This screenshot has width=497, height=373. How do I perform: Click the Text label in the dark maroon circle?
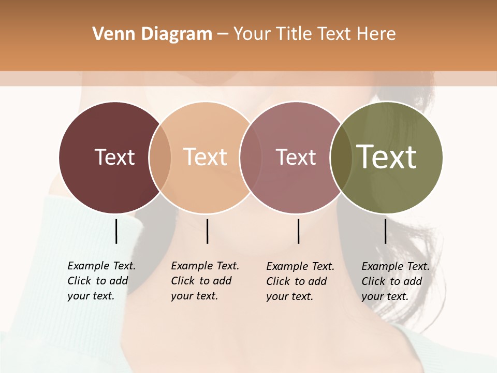click(x=114, y=157)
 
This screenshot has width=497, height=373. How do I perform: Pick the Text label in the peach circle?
click(x=206, y=157)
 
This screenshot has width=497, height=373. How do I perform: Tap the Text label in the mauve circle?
click(x=296, y=157)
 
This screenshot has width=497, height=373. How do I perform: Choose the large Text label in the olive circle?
click(x=387, y=156)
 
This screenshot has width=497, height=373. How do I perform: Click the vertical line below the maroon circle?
click(x=116, y=231)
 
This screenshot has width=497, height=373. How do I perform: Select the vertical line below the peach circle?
click(x=207, y=231)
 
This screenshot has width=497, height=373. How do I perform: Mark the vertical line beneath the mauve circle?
click(x=298, y=231)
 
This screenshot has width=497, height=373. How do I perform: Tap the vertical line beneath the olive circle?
click(x=385, y=231)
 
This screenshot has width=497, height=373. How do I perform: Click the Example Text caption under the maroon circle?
click(x=101, y=281)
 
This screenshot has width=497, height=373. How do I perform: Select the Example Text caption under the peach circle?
click(x=205, y=281)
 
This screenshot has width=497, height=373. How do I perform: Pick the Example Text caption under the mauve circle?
click(x=300, y=281)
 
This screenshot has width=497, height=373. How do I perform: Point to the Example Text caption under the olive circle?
click(x=396, y=281)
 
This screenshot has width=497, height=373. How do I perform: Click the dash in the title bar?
click(x=223, y=35)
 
